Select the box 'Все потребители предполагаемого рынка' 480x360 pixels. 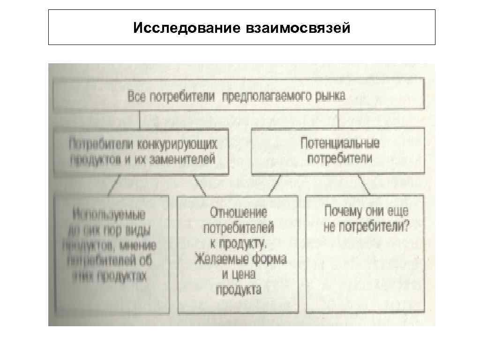239,96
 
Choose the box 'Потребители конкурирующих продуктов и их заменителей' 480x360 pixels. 142,151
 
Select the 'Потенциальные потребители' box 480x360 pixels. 338,151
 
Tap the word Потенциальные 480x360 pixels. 340,143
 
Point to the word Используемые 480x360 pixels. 109,215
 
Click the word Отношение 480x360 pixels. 238,213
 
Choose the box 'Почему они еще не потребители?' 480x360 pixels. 366,253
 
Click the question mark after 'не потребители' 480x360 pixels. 406,226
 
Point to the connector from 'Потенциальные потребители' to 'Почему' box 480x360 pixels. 364,185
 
